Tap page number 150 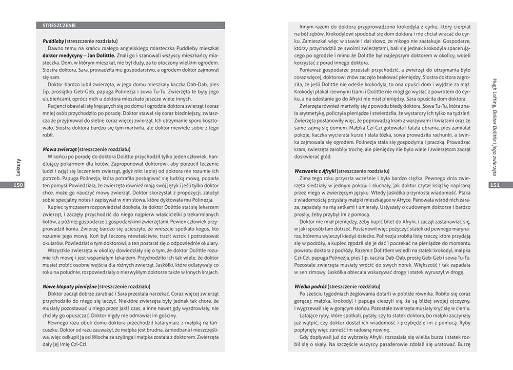18,185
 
